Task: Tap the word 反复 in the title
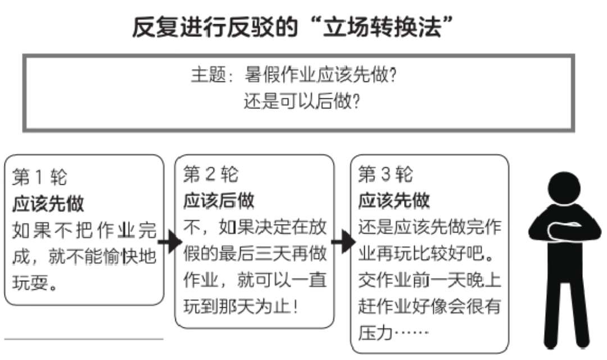point(155,27)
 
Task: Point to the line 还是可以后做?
point(302,102)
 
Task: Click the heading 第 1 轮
point(39,177)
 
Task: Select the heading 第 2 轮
point(211,174)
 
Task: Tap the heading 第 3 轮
point(386,174)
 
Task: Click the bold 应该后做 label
point(219,200)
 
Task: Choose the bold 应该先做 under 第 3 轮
point(393,200)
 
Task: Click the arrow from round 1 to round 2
point(170,243)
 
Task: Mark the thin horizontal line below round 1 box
point(84,339)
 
